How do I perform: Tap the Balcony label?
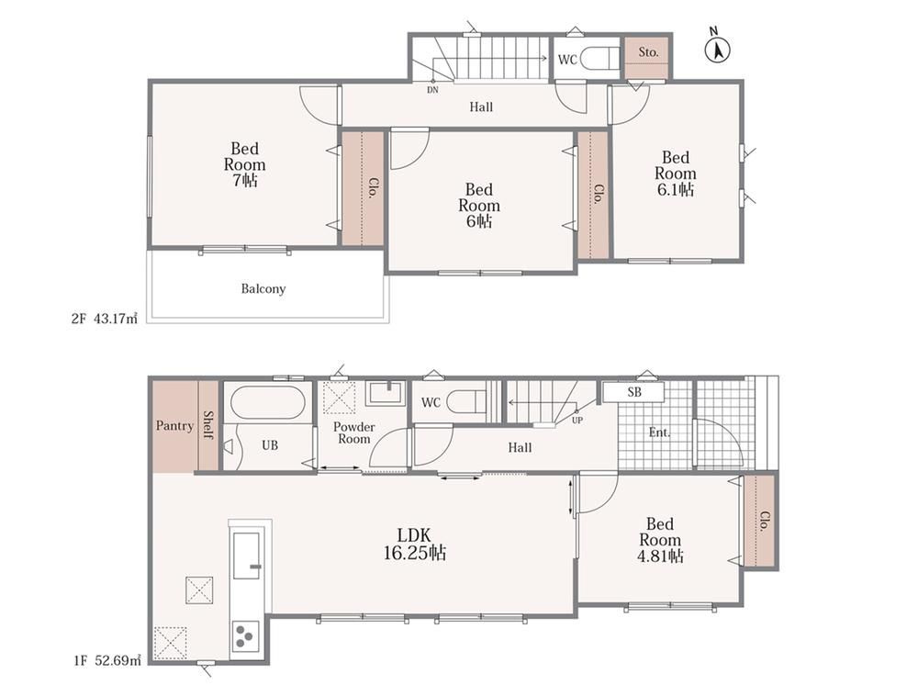[x=263, y=288]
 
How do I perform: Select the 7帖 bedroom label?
[x=245, y=164]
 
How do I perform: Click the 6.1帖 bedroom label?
[x=675, y=174]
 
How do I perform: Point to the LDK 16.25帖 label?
[x=415, y=544]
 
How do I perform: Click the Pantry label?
[x=174, y=426]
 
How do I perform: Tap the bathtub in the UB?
[x=267, y=401]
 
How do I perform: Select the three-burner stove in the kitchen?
[x=245, y=635]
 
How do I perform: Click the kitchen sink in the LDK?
[x=246, y=555]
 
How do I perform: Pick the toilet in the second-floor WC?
[x=599, y=59]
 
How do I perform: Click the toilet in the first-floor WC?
[x=466, y=402]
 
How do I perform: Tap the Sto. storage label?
[x=647, y=52]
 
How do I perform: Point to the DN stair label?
[x=432, y=90]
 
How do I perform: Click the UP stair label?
[x=577, y=421]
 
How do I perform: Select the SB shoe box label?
[x=634, y=392]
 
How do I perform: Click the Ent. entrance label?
[x=659, y=432]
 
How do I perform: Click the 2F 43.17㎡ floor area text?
[x=105, y=320]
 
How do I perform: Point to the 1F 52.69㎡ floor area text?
[x=107, y=661]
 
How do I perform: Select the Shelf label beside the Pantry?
[x=207, y=425]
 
